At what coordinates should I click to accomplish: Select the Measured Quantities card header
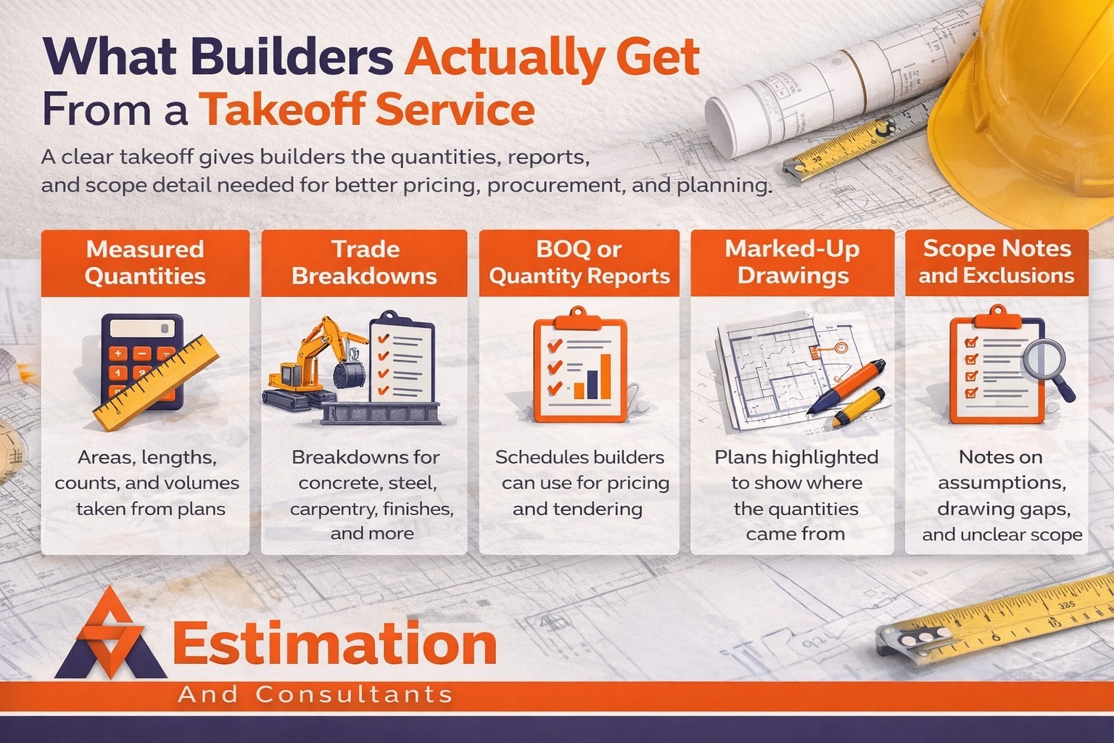(145, 263)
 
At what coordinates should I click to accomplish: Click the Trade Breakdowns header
(364, 263)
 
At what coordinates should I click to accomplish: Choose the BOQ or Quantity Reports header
(579, 263)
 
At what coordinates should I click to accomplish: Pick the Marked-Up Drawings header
(793, 263)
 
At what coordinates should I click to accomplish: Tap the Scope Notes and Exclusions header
(997, 262)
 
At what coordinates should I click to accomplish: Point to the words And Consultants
(315, 694)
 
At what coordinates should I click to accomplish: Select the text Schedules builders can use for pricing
(579, 470)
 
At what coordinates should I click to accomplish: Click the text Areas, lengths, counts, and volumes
(147, 470)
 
